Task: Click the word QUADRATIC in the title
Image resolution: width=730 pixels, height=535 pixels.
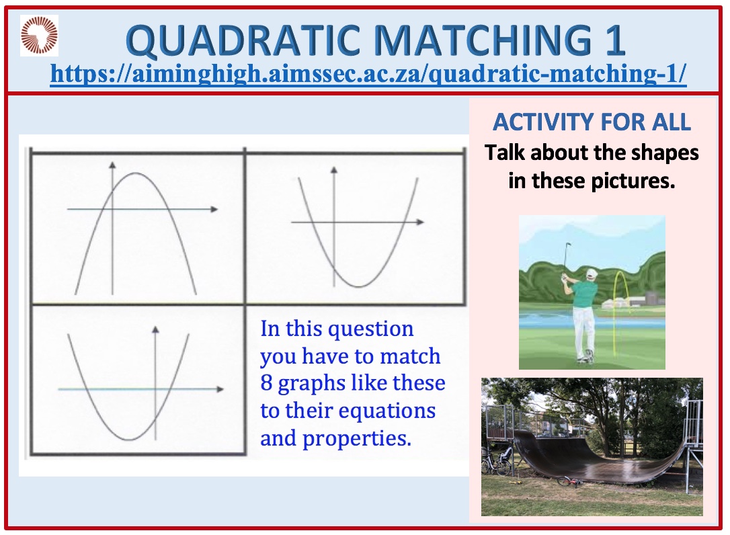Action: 243,40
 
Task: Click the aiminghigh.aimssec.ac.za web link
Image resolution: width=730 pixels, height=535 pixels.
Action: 368,73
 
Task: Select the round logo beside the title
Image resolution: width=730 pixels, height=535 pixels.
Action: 39,36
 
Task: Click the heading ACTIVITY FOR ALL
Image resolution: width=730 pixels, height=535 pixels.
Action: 592,122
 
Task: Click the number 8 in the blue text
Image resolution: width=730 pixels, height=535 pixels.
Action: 266,382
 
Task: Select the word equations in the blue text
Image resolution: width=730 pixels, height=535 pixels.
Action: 387,410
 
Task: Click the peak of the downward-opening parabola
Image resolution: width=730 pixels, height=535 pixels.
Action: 136,173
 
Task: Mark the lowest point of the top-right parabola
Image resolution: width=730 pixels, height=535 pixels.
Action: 358,286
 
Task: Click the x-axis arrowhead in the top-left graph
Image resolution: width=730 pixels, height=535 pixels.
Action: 214,209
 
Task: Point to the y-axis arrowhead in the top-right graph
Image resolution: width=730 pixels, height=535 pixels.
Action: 334,171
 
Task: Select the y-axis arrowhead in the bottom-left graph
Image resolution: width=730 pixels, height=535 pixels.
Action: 155,329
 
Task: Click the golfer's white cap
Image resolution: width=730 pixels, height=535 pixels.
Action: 590,274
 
